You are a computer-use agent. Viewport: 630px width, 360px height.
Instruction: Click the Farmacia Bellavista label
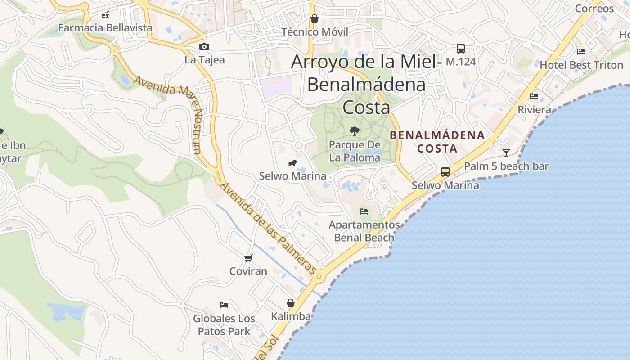[105, 28]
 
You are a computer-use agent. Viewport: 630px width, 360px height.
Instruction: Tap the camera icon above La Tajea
[204, 47]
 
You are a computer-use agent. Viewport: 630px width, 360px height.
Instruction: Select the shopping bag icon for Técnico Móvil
[315, 19]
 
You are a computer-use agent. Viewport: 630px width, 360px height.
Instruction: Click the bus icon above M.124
[461, 49]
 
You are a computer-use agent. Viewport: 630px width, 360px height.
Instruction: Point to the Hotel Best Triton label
[581, 65]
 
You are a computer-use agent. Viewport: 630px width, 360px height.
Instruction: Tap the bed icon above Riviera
[534, 96]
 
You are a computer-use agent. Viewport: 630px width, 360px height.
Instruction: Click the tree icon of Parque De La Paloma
[355, 131]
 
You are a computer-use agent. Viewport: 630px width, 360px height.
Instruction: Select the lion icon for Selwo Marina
[292, 163]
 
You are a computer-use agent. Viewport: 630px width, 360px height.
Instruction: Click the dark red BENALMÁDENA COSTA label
[437, 141]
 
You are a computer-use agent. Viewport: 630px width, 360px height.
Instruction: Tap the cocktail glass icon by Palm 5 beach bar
[506, 153]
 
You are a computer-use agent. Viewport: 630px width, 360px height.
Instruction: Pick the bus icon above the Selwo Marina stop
[445, 172]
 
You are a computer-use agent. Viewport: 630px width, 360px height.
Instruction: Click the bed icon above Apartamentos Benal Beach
[364, 211]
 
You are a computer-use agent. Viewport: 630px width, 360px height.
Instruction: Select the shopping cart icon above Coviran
[248, 258]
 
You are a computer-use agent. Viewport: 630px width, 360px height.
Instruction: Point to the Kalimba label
[291, 316]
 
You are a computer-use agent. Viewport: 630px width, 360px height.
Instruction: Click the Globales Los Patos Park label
[224, 325]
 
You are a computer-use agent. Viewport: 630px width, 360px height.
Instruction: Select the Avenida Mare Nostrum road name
[171, 112]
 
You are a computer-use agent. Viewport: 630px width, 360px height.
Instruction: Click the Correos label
[594, 9]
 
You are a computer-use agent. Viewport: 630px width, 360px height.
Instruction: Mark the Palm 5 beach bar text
[506, 166]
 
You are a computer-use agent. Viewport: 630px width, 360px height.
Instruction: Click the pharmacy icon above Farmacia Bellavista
[105, 14]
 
